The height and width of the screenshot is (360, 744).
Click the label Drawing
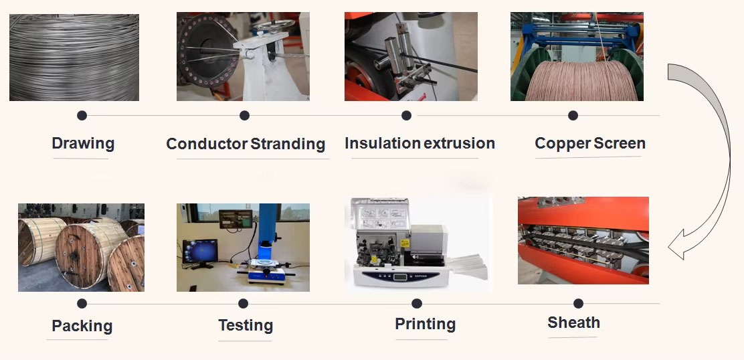point(83,143)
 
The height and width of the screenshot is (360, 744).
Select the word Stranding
point(288,143)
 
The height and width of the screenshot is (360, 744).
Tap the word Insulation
point(383,143)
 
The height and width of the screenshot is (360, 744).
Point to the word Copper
point(562,143)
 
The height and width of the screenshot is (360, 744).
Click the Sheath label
point(573,323)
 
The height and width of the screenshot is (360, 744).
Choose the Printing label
point(425,324)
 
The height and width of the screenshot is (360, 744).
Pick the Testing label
point(246,325)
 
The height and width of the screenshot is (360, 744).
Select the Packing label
point(82,326)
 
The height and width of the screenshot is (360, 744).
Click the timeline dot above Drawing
point(82,115)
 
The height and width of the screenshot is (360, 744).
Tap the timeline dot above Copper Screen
point(573,115)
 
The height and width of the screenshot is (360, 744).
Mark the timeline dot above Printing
point(417,304)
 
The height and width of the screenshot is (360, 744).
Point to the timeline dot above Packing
point(82,304)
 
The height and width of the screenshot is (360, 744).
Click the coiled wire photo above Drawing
point(74,58)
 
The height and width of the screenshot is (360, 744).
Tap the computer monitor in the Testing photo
point(200,251)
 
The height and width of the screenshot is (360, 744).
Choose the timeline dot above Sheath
point(578,304)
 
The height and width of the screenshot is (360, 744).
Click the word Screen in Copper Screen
point(620,143)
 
